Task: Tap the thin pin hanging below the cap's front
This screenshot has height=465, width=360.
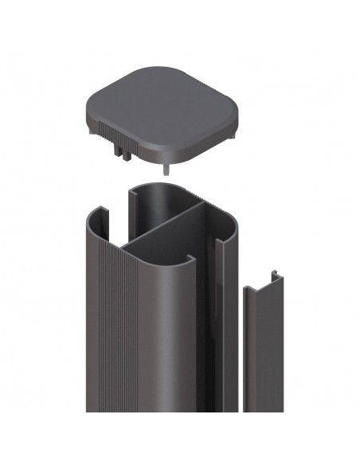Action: (166, 166)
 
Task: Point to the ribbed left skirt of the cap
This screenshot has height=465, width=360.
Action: (104, 127)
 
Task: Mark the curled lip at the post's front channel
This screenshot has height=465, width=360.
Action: (190, 260)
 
